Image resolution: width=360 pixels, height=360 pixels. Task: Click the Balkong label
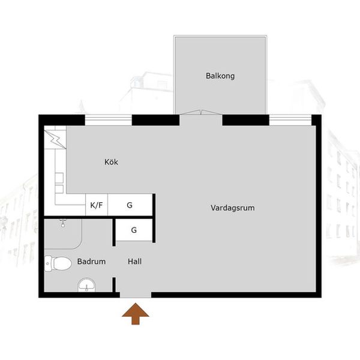pos(220,76)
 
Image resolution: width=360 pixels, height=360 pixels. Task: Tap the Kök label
pos(111,162)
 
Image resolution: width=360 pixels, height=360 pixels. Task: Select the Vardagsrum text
pos(233,208)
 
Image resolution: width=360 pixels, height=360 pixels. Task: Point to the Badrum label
pos(91,261)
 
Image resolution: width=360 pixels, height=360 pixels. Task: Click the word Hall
pos(134,261)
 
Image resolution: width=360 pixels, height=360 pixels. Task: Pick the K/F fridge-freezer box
pos(97,205)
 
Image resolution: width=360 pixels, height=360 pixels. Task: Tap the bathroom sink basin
pos(86,285)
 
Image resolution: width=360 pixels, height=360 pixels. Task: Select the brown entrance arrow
pos(136,314)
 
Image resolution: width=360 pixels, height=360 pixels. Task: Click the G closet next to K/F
pos(130,205)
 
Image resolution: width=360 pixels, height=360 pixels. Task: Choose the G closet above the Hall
pos(134,230)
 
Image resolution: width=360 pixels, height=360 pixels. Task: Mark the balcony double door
pos(200,112)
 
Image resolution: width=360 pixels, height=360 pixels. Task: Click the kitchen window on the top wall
pos(109,120)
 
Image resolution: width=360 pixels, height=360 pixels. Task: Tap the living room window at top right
pos(290,120)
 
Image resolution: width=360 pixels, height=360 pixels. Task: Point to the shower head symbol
pos(62,223)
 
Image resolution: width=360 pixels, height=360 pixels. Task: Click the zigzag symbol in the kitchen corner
pos(55,139)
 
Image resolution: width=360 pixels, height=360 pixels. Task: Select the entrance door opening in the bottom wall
pos(136,295)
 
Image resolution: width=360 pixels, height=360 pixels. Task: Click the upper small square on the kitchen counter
pos(59,178)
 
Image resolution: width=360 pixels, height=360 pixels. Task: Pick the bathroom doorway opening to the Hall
pos(114,262)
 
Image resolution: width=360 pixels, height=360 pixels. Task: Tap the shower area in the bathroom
pos(63,234)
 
